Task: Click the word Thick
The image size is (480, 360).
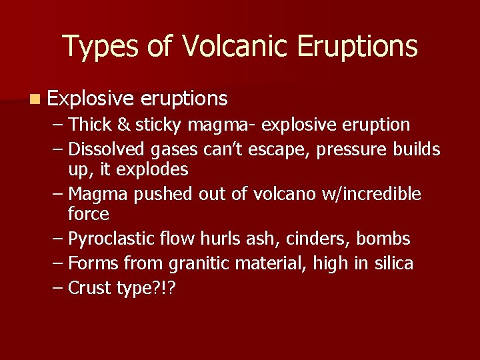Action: (x=90, y=125)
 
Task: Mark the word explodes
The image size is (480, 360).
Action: (x=153, y=169)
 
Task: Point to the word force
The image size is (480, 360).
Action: (x=89, y=214)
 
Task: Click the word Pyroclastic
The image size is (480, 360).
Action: (x=107, y=239)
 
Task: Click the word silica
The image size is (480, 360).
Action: (x=393, y=263)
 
